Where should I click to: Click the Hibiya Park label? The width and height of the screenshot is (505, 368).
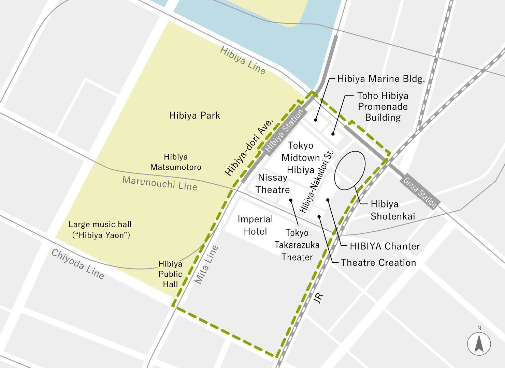tap(194, 116)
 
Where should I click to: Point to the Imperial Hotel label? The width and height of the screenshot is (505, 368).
tap(255, 225)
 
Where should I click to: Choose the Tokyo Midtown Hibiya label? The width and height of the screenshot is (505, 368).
tap(300, 158)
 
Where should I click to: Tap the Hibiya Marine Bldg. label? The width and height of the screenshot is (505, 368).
tap(381, 79)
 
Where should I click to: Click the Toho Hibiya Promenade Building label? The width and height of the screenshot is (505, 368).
tap(383, 107)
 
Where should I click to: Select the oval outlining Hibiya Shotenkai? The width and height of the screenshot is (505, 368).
tap(350, 170)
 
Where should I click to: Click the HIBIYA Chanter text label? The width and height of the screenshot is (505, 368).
tap(385, 246)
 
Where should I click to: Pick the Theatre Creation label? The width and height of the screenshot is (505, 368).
tap(378, 263)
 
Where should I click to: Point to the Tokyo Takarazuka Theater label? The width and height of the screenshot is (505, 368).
tap(297, 245)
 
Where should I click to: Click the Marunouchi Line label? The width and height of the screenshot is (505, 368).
tap(160, 183)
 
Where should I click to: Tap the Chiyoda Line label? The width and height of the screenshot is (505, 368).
tap(78, 264)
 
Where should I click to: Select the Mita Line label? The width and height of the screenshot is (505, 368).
tap(206, 264)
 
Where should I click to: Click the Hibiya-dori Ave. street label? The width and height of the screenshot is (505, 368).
tap(249, 148)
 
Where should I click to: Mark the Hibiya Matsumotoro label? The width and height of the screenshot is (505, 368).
tap(176, 162)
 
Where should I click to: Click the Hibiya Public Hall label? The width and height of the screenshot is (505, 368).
tap(170, 274)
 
